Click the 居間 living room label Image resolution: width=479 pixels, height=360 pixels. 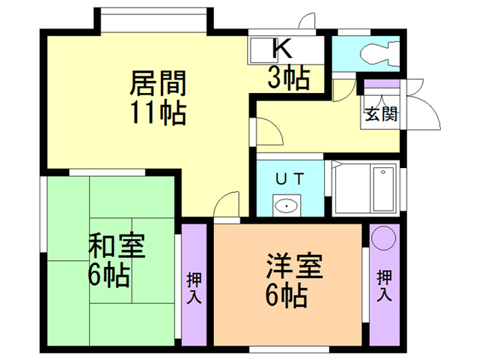tap(158, 80)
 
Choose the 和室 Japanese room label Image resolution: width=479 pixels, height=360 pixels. tap(118, 245)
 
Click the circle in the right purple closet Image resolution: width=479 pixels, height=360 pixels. tap(384, 238)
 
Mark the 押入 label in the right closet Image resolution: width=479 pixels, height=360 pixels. tap(384, 285)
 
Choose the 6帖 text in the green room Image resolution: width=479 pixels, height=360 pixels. tap(108, 276)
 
